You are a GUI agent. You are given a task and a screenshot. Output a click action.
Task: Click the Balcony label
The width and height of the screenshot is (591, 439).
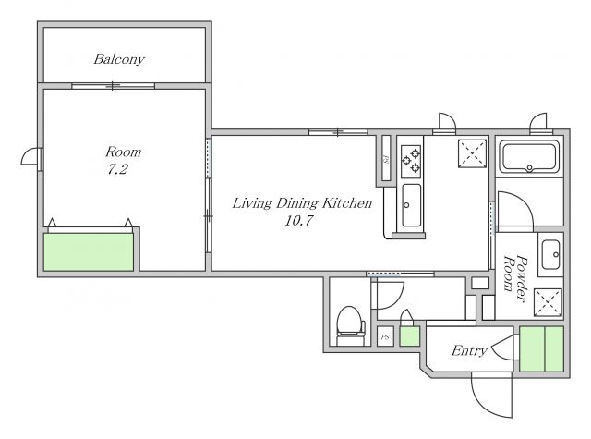[x=119, y=59]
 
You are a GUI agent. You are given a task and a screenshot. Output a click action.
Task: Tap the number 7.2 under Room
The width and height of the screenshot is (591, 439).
[x=117, y=169]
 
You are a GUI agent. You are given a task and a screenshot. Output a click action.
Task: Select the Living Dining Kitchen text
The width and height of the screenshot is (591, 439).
[x=302, y=203]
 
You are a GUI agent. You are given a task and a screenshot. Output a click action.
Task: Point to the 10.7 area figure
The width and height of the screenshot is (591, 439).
[x=298, y=220]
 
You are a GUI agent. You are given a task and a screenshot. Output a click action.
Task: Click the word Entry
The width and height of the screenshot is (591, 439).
[x=469, y=351]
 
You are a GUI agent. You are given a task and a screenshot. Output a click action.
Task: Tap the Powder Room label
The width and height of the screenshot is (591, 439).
[x=515, y=278]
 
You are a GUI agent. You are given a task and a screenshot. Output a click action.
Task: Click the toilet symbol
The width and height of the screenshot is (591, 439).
[x=351, y=326]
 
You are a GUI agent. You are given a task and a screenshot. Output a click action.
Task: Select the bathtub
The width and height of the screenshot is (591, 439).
[x=529, y=156]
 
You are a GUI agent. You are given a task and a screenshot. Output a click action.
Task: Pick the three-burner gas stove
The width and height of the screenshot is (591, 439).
[x=411, y=162]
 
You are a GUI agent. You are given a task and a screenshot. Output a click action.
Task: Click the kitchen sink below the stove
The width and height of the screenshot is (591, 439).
[x=411, y=205]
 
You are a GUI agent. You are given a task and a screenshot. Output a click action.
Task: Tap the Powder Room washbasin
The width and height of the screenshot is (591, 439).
[x=550, y=254]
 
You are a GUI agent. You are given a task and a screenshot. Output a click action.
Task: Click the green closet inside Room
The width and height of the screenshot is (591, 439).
[x=89, y=252]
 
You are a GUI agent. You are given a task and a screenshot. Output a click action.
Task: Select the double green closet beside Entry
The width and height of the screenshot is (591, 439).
[x=542, y=348]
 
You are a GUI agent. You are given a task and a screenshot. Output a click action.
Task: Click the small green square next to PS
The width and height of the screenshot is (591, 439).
[x=409, y=336]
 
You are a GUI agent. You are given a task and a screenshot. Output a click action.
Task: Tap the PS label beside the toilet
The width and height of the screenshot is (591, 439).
[x=385, y=336]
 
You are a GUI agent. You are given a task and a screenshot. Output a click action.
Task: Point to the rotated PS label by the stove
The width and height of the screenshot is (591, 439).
[x=386, y=158]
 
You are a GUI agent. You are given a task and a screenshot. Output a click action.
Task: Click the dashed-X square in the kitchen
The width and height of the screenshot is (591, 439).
[x=472, y=153]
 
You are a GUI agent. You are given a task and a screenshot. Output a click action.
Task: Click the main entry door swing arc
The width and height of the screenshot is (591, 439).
[x=486, y=404]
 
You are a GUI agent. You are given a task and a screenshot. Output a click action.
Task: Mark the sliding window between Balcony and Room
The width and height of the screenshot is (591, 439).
[x=113, y=86]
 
